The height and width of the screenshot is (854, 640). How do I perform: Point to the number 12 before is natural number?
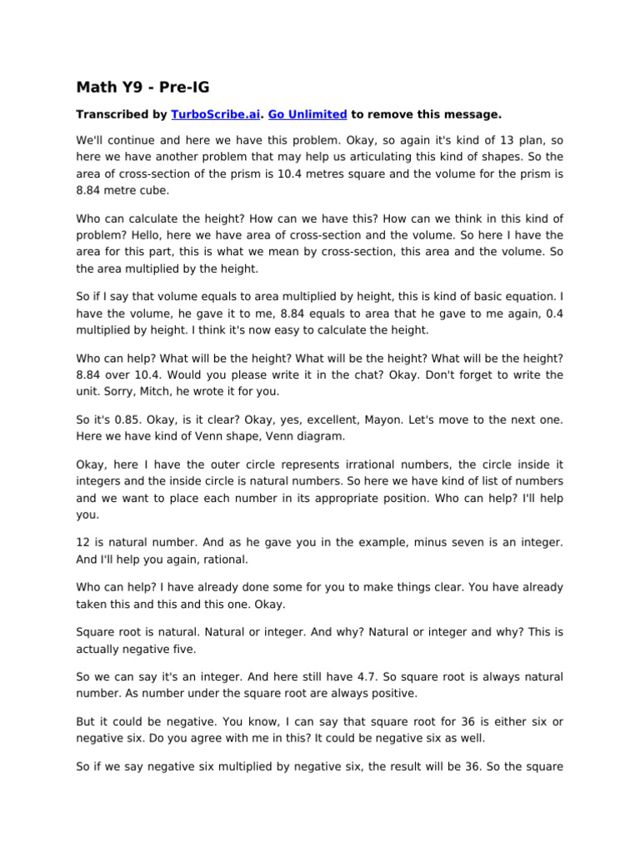click(x=83, y=543)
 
